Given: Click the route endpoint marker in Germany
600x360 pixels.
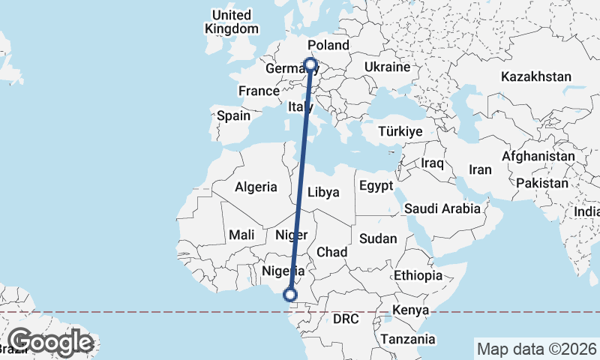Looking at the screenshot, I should (x=310, y=64).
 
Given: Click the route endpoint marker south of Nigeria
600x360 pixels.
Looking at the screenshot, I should (x=290, y=295).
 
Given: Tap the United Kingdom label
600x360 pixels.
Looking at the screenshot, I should (x=231, y=22).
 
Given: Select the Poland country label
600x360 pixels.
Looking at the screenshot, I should (x=328, y=46).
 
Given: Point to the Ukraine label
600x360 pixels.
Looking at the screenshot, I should (x=387, y=67).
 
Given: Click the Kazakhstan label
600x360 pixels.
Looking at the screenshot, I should (x=536, y=76).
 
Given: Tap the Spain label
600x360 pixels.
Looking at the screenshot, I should (x=233, y=116).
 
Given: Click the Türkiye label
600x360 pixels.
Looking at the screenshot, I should (x=400, y=131).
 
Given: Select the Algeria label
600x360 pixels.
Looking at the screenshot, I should (x=256, y=187).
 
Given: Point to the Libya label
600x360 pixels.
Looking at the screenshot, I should (x=324, y=192).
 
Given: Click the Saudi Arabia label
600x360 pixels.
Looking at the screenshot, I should (x=442, y=208).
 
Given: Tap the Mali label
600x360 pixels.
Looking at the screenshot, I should (x=241, y=235).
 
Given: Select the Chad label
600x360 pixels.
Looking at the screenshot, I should (x=331, y=252).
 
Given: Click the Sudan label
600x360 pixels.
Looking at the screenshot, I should (x=378, y=238).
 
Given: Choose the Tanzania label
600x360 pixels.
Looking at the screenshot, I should (x=408, y=340).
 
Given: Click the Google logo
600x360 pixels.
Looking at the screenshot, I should (x=50, y=342).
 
